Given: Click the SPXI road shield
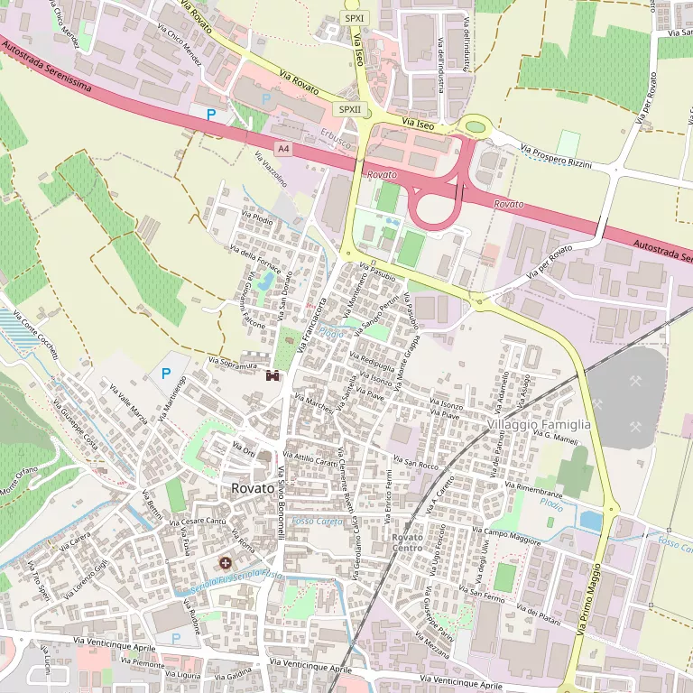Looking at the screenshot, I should pyautogui.click(x=355, y=17).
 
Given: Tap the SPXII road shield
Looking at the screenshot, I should pyautogui.click(x=350, y=109).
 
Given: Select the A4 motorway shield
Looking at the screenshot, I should pyautogui.click(x=284, y=148).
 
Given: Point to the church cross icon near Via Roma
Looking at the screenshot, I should pyautogui.click(x=225, y=563).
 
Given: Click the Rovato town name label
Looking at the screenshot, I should pyautogui.click(x=253, y=487).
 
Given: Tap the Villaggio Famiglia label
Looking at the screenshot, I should pyautogui.click(x=539, y=424).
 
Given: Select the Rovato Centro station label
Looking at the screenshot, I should pyautogui.click(x=407, y=542).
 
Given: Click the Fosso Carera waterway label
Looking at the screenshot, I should pyautogui.click(x=319, y=522).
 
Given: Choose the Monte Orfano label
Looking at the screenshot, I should pyautogui.click(x=20, y=479).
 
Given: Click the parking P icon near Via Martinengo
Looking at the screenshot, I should pyautogui.click(x=165, y=373).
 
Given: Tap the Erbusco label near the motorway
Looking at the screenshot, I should pyautogui.click(x=337, y=138).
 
